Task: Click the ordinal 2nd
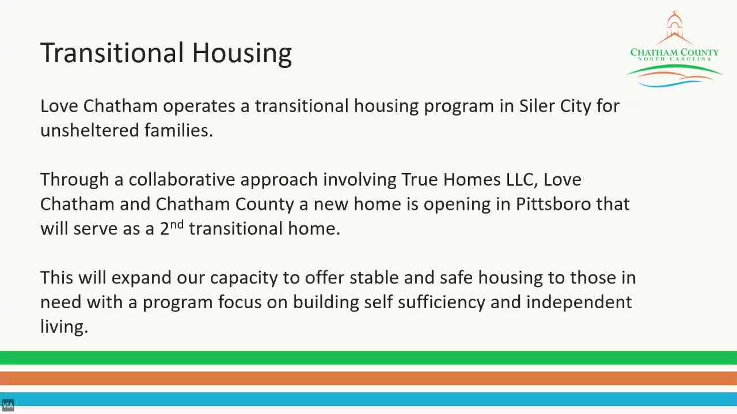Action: point(172,228)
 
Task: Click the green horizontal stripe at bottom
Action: point(368,357)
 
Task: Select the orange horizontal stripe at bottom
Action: point(368,378)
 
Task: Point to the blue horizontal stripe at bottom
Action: point(368,399)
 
